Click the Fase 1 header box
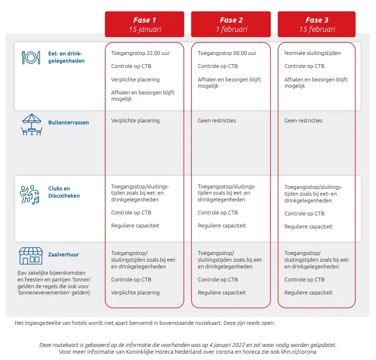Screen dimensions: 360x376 144,24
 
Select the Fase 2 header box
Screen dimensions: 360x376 231,24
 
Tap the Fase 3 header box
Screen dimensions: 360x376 317,24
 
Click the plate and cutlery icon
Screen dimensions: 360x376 31,57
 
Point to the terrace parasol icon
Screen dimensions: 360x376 32,124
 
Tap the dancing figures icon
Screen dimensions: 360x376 30,193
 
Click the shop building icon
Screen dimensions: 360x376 30,255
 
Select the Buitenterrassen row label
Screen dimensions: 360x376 68,123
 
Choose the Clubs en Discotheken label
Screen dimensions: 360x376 64,192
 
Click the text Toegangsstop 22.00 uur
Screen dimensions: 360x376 140,53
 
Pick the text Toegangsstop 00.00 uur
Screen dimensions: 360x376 227,53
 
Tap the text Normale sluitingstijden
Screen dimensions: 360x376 312,53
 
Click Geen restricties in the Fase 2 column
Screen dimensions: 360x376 217,120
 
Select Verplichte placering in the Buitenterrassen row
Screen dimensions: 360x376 135,120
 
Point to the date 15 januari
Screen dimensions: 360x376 144,29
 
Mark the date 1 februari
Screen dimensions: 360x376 231,29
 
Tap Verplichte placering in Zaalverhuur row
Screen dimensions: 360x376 135,293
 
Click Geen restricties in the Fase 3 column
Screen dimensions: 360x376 303,120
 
